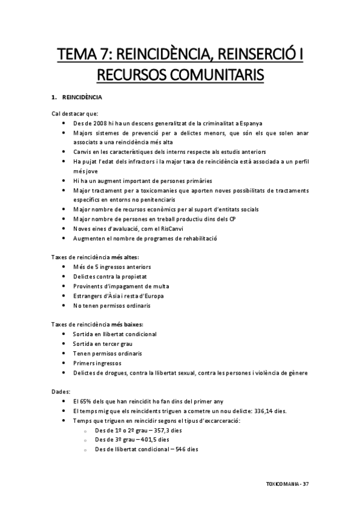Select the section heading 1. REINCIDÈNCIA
click(x=77, y=97)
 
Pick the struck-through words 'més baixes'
click(x=127, y=324)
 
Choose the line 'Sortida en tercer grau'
click(x=103, y=343)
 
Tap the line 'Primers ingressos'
click(x=96, y=363)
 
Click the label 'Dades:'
click(x=61, y=392)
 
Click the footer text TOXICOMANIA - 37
click(x=287, y=484)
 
